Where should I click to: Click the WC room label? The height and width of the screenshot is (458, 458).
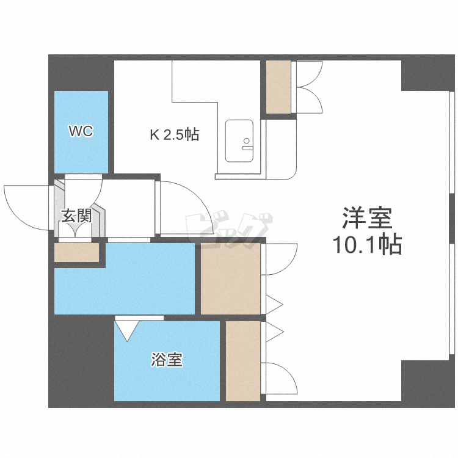click(81, 131)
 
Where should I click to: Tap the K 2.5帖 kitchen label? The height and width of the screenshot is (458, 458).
click(175, 135)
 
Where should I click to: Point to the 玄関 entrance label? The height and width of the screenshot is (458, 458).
click(76, 216)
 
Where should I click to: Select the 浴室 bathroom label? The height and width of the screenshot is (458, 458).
click(167, 360)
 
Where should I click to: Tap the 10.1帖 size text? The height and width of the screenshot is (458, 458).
click(367, 244)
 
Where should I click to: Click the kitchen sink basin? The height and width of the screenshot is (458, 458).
click(239, 141)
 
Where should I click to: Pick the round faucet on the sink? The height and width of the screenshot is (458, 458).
click(247, 141)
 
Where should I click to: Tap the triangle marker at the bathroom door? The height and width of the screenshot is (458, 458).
click(127, 330)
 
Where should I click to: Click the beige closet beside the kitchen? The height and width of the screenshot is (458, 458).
click(278, 87)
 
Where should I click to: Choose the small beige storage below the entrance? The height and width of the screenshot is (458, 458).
click(77, 252)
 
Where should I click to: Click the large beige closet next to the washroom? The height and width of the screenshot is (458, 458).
click(230, 278)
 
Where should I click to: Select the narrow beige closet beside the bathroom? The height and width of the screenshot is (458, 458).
click(243, 361)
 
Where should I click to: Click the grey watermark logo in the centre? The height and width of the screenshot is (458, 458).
click(229, 229)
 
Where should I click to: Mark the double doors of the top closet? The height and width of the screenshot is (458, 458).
click(309, 87)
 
